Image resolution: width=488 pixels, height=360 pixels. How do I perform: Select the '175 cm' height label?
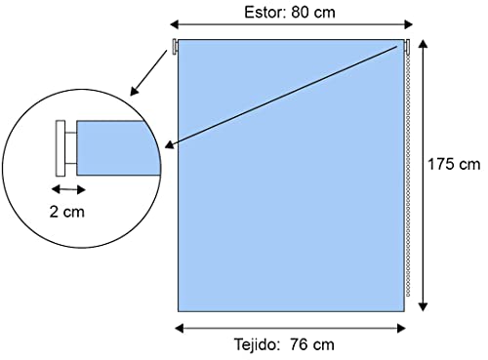455,163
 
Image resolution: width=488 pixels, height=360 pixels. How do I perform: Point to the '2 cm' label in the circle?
67,210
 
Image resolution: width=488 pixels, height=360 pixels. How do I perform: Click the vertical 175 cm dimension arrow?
423,176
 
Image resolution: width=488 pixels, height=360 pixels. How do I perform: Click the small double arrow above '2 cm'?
67,187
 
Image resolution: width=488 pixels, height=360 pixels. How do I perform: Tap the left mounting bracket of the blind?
175,46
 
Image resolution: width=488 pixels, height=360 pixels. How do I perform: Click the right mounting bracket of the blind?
403,46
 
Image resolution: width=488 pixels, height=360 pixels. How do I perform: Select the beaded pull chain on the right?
406,176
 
